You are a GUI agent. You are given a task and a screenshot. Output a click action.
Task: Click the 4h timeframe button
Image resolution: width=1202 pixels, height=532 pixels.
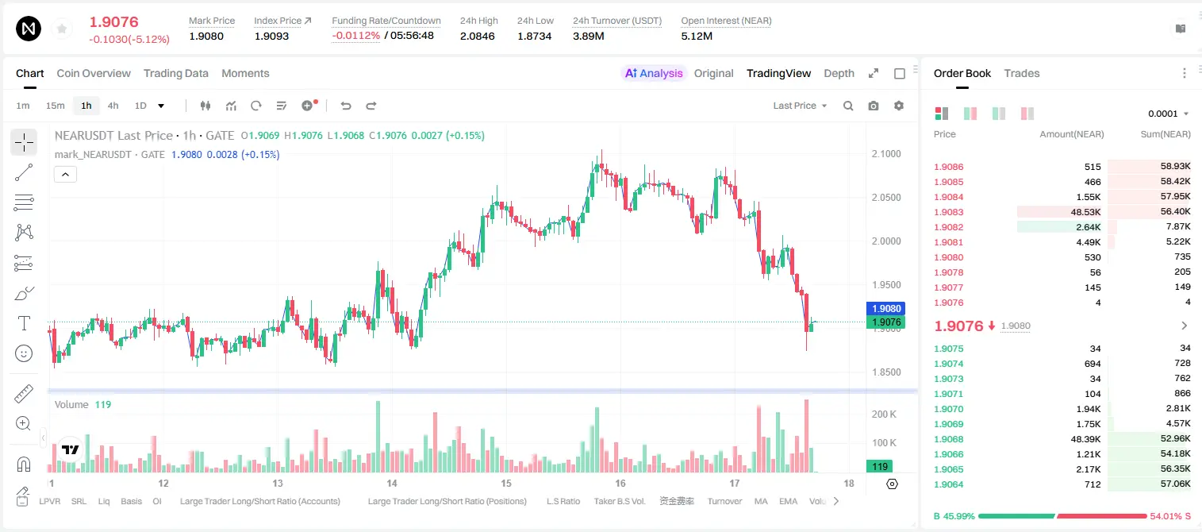click(x=113, y=106)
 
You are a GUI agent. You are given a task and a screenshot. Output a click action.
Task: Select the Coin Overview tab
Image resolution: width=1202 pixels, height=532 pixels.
click(x=94, y=73)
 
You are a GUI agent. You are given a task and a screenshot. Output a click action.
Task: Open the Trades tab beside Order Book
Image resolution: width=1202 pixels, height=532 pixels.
click(x=1022, y=73)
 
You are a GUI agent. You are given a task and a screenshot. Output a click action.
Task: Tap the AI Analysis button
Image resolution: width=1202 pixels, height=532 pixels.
click(x=654, y=73)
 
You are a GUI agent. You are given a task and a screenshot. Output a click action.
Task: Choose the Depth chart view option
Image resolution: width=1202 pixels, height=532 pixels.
click(x=839, y=73)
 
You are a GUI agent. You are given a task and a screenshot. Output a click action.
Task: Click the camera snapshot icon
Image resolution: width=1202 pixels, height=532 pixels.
click(x=874, y=106)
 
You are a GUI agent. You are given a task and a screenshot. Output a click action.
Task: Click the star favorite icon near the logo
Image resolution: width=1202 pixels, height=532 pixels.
click(x=62, y=29)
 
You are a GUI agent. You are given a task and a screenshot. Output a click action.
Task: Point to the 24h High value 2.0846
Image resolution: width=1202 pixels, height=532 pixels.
click(x=477, y=36)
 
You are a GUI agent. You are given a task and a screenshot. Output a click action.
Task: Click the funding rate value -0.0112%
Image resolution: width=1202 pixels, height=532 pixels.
click(x=355, y=36)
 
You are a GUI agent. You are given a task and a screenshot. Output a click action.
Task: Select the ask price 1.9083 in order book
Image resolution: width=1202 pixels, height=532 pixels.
click(x=948, y=212)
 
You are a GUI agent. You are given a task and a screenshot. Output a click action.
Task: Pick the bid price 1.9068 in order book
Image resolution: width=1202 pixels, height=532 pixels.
click(x=948, y=439)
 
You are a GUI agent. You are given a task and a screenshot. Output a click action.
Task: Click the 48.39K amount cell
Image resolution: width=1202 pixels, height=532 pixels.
click(x=1085, y=439)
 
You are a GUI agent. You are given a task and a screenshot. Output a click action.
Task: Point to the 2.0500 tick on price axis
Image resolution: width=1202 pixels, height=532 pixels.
click(x=886, y=197)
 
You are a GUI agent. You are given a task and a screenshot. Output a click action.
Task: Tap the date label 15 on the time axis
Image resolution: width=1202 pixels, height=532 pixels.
click(x=506, y=483)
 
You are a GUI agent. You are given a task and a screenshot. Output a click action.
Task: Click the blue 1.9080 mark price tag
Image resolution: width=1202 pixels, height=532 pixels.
click(x=886, y=308)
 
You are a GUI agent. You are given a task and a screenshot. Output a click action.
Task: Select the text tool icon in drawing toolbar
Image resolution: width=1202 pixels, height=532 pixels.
click(x=24, y=323)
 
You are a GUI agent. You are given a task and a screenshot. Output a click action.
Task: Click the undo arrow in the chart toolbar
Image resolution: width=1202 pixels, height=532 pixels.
click(x=346, y=106)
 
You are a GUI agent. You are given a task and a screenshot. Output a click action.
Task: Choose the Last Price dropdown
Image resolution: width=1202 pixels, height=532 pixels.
click(x=800, y=106)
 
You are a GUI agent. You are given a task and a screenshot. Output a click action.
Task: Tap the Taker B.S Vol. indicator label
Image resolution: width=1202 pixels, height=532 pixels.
click(x=619, y=501)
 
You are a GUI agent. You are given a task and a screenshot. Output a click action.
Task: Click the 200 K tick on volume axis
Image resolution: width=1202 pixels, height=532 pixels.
click(x=884, y=414)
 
